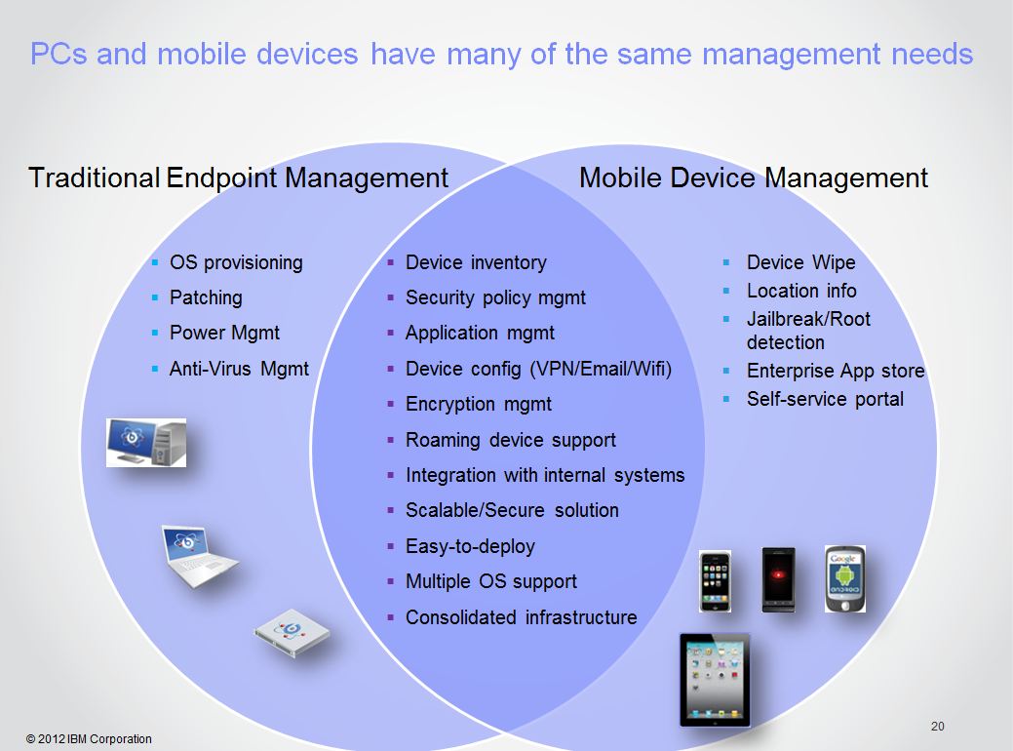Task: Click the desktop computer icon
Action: (146, 443)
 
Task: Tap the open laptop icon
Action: (199, 557)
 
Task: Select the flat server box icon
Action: (292, 633)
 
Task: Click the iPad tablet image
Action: (716, 680)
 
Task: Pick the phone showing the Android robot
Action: (845, 579)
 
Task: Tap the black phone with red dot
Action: (778, 579)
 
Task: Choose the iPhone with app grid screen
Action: (716, 581)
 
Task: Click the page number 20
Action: (937, 727)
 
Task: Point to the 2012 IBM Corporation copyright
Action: (89, 738)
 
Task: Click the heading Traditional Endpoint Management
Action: (239, 178)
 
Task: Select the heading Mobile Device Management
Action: (754, 178)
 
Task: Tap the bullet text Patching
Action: (206, 297)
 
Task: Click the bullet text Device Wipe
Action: (801, 262)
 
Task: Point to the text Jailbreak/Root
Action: (809, 319)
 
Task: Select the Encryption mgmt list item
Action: (479, 404)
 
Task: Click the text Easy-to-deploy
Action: (470, 546)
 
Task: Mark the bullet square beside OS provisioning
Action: (155, 262)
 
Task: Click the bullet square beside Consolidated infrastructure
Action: (390, 617)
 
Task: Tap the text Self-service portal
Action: (825, 399)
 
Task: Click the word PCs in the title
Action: (58, 54)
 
